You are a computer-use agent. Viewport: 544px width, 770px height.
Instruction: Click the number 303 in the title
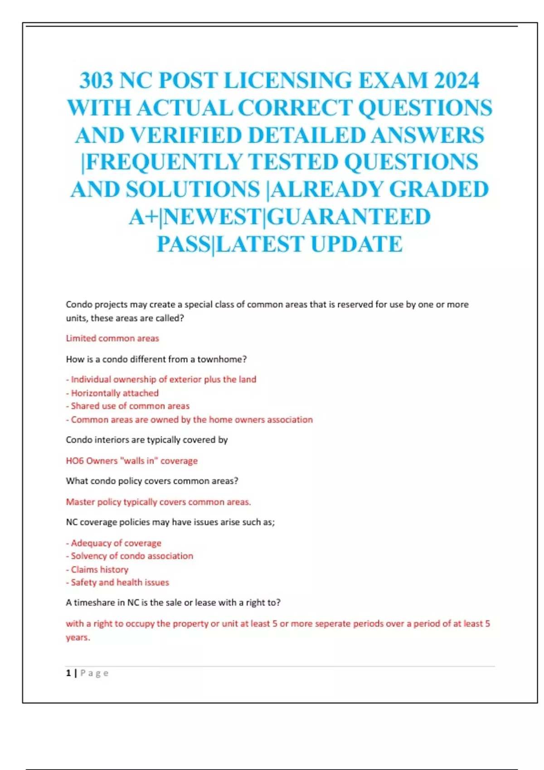tap(96, 81)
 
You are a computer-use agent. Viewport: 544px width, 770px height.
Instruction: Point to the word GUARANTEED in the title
tap(348, 217)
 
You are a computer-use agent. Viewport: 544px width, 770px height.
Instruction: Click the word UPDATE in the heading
tap(356, 244)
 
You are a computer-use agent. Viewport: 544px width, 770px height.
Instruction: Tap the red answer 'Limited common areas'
tap(112, 338)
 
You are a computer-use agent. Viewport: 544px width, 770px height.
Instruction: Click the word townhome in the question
tap(219, 359)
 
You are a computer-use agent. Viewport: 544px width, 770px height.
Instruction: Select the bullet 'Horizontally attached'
tap(114, 393)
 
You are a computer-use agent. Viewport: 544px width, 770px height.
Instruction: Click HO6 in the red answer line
tap(74, 461)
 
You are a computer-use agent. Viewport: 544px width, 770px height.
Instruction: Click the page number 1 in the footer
tap(68, 673)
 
